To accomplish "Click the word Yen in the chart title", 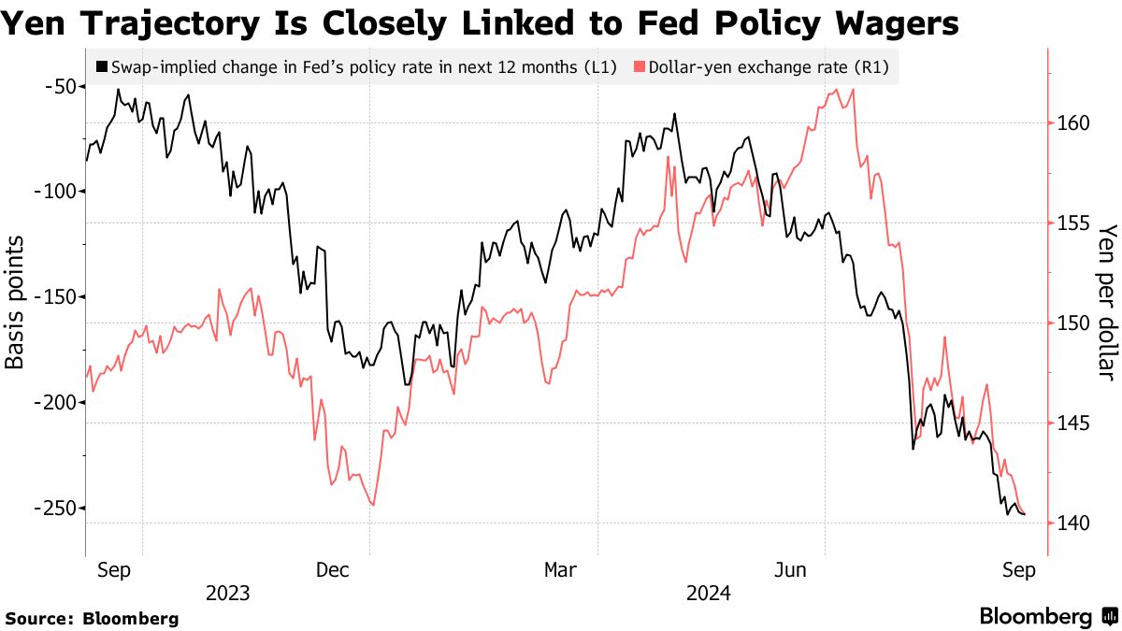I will point(36,22).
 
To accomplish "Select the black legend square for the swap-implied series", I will point(101,67).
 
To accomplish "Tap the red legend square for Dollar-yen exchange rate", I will point(640,67).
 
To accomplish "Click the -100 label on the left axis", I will point(54,192).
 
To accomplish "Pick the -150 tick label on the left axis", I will point(54,297).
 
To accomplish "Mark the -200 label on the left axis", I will point(54,403).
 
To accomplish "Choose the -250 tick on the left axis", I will point(54,509).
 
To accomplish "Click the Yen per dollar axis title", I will point(1107,302).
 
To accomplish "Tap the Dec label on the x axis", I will point(334,570).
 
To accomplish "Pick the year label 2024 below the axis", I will point(709,594).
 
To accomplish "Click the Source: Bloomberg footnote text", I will point(92,618).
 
